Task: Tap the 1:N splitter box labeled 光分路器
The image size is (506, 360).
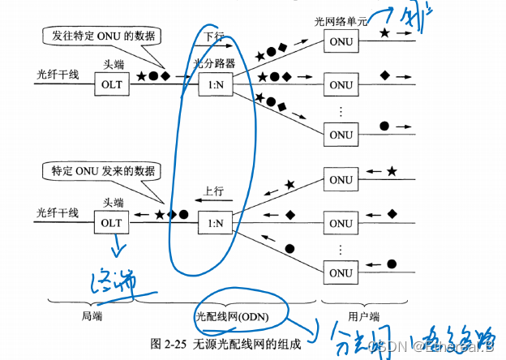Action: click(213, 84)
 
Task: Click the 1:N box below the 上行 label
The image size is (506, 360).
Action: click(213, 221)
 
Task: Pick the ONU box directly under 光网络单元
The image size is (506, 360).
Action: click(341, 45)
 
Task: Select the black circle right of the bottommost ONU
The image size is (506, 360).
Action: click(392, 264)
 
